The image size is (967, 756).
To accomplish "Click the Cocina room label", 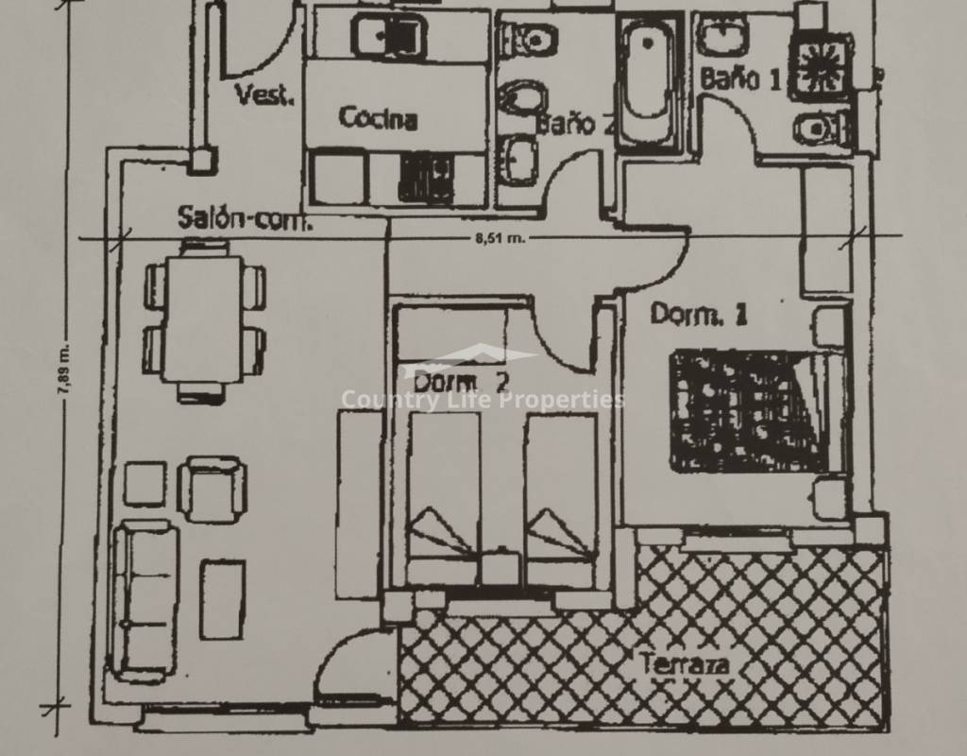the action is click(378, 118).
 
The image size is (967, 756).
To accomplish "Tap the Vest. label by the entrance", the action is click(264, 95).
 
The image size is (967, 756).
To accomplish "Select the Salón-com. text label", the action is click(245, 218).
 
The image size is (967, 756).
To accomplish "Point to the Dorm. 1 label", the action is click(699, 314).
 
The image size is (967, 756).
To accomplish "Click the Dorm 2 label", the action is click(461, 382).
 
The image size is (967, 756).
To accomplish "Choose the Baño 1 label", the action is click(740, 78).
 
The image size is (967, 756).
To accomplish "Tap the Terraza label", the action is click(686, 664).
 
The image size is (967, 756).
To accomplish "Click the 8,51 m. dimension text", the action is click(500, 238).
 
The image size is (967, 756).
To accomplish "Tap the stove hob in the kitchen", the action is click(427, 177).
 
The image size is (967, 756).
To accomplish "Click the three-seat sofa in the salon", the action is click(144, 599).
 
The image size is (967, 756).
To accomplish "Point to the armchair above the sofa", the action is click(212, 489).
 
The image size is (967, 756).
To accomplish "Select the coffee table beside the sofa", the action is click(223, 598).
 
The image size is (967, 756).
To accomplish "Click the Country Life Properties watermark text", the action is click(483, 400).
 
